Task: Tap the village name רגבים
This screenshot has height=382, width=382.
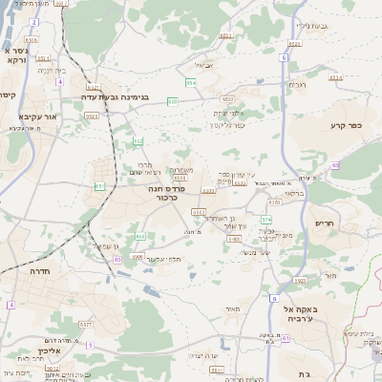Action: [x=297, y=85]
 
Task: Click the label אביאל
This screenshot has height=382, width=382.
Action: [x=205, y=66]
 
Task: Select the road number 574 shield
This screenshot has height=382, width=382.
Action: [x=266, y=219]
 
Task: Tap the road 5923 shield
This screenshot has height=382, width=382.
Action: [x=300, y=280]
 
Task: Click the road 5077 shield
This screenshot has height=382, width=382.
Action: [x=85, y=325]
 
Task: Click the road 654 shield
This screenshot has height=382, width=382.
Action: [x=191, y=83]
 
